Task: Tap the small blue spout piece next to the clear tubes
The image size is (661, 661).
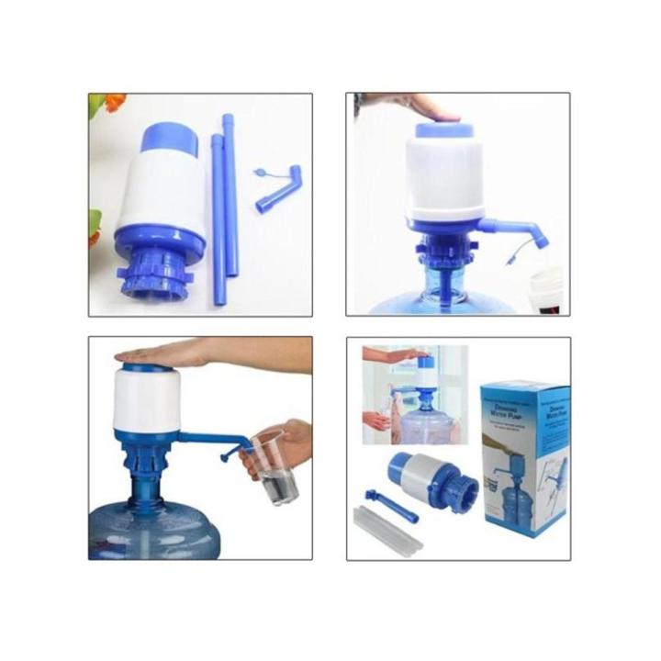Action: tap(391, 506)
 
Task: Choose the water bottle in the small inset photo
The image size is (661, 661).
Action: tap(423, 419)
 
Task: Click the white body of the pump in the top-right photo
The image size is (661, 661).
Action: tap(444, 178)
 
